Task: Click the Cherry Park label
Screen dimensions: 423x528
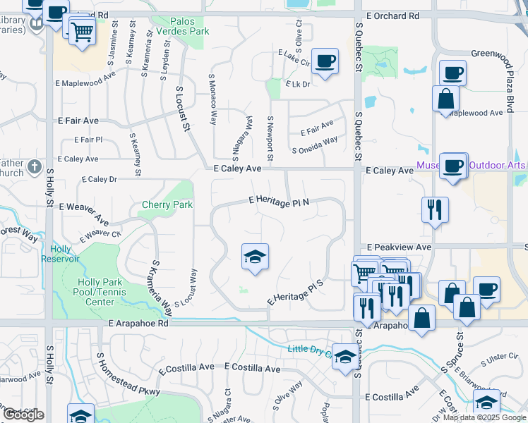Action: pos(167,205)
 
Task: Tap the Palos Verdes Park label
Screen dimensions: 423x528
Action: pos(190,26)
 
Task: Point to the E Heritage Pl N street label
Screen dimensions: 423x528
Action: pos(280,202)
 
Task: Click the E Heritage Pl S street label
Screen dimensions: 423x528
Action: pos(295,293)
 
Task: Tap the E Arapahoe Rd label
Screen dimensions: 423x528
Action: pos(138,324)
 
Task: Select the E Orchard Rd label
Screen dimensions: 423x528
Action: pos(392,15)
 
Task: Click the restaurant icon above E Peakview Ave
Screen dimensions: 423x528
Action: pos(435,209)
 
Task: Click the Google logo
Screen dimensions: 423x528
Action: pos(24,415)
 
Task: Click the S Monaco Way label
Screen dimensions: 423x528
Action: pos(212,98)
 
